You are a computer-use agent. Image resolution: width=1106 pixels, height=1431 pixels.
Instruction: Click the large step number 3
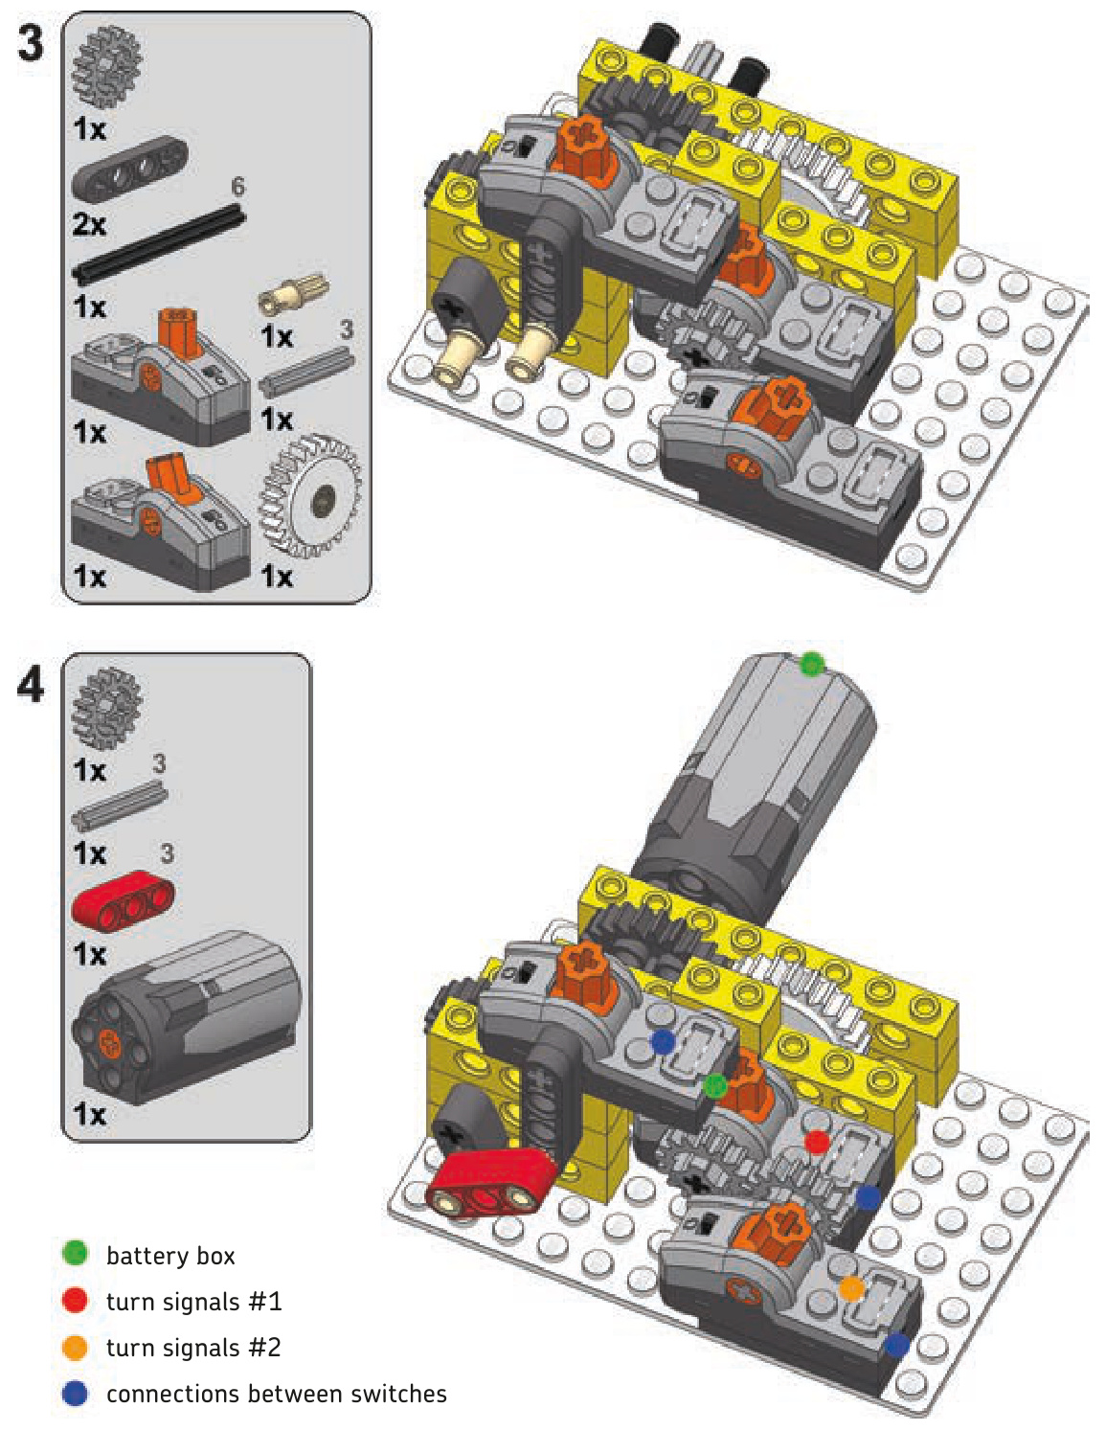click(31, 44)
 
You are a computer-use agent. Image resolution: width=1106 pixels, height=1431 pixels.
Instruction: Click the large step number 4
click(31, 686)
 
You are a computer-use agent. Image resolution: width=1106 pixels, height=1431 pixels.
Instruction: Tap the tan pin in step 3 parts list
click(293, 294)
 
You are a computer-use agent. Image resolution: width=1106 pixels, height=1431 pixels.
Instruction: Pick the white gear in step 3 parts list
click(310, 495)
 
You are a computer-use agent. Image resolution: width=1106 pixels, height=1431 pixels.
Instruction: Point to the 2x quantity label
click(89, 224)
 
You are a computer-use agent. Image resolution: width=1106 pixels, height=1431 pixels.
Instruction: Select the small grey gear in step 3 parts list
click(107, 65)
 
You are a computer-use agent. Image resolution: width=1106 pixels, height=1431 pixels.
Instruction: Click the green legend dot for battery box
click(75, 1253)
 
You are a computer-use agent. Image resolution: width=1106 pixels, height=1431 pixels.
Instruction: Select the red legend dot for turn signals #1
click(75, 1300)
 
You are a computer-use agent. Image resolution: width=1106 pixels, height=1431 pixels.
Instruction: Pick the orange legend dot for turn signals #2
click(75, 1347)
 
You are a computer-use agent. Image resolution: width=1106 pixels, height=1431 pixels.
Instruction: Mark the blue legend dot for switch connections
click(75, 1393)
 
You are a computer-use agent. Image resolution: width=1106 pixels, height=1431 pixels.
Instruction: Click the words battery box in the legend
click(170, 1255)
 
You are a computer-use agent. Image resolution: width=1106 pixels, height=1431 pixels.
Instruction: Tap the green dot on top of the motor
click(811, 664)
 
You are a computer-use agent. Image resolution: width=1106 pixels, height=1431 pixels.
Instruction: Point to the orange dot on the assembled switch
click(851, 1288)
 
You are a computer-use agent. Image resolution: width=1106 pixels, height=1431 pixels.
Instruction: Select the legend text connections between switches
click(277, 1394)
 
